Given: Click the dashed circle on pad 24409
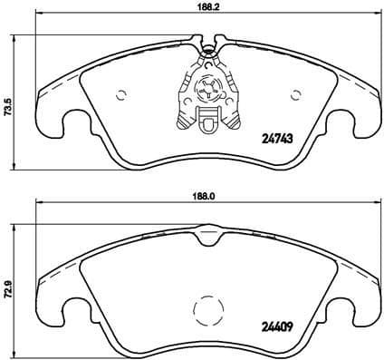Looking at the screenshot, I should click(211, 313).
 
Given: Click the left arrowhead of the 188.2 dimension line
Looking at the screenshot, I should click(39, 18).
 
